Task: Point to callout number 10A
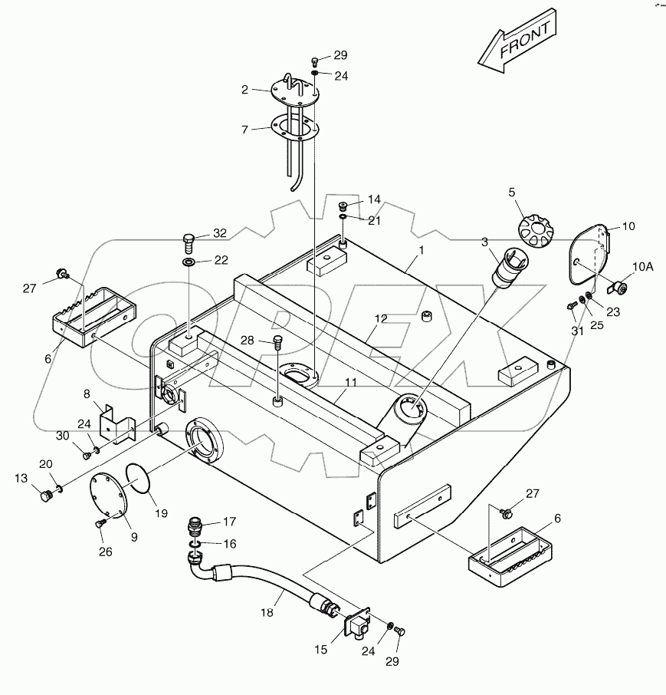(642, 267)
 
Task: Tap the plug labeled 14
(344, 206)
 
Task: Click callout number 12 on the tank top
(381, 318)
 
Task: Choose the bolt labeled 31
(571, 305)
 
